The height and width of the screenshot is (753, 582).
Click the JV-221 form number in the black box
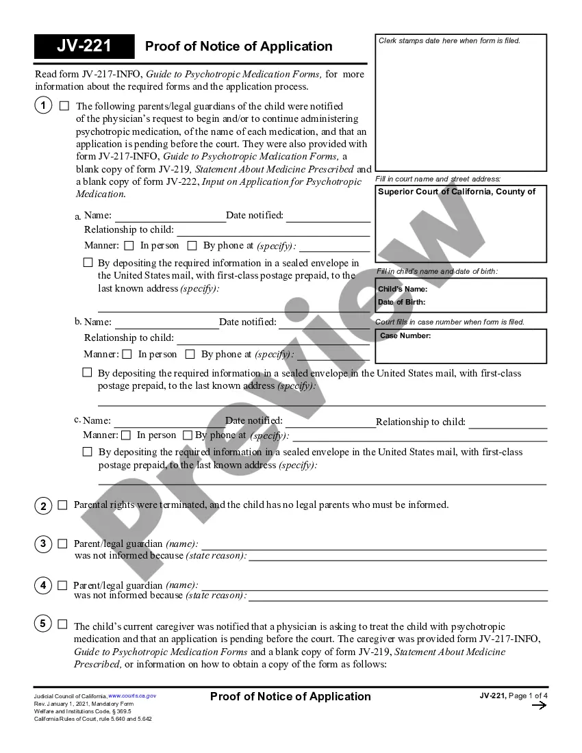84,47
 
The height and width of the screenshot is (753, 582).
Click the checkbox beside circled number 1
64,106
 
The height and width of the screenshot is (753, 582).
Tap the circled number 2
42,506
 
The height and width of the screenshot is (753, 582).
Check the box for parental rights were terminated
62,505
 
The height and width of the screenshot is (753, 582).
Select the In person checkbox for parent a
129,246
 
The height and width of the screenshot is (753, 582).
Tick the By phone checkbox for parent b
190,355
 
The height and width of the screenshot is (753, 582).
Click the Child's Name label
403,289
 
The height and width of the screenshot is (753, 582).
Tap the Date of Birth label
401,302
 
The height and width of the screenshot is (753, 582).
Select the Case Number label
405,336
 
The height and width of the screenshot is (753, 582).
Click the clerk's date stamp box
461,103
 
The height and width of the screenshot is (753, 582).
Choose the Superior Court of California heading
457,192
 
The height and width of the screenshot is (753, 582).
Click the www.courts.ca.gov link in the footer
132,695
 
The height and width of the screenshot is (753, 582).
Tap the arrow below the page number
539,706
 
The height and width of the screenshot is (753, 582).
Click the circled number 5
42,624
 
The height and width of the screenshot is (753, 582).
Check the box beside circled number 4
62,585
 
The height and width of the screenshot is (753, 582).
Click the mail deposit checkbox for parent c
87,452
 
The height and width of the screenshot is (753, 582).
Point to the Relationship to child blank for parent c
507,422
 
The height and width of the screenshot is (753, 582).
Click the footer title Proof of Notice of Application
290,696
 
